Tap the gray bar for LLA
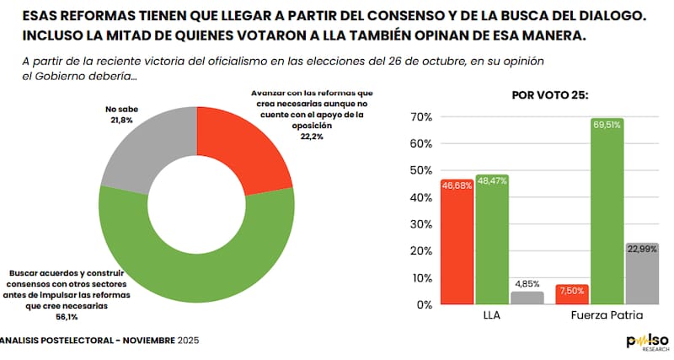point(527,297)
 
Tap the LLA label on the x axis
point(492,319)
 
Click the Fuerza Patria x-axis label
point(607,319)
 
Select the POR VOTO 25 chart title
point(550,95)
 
